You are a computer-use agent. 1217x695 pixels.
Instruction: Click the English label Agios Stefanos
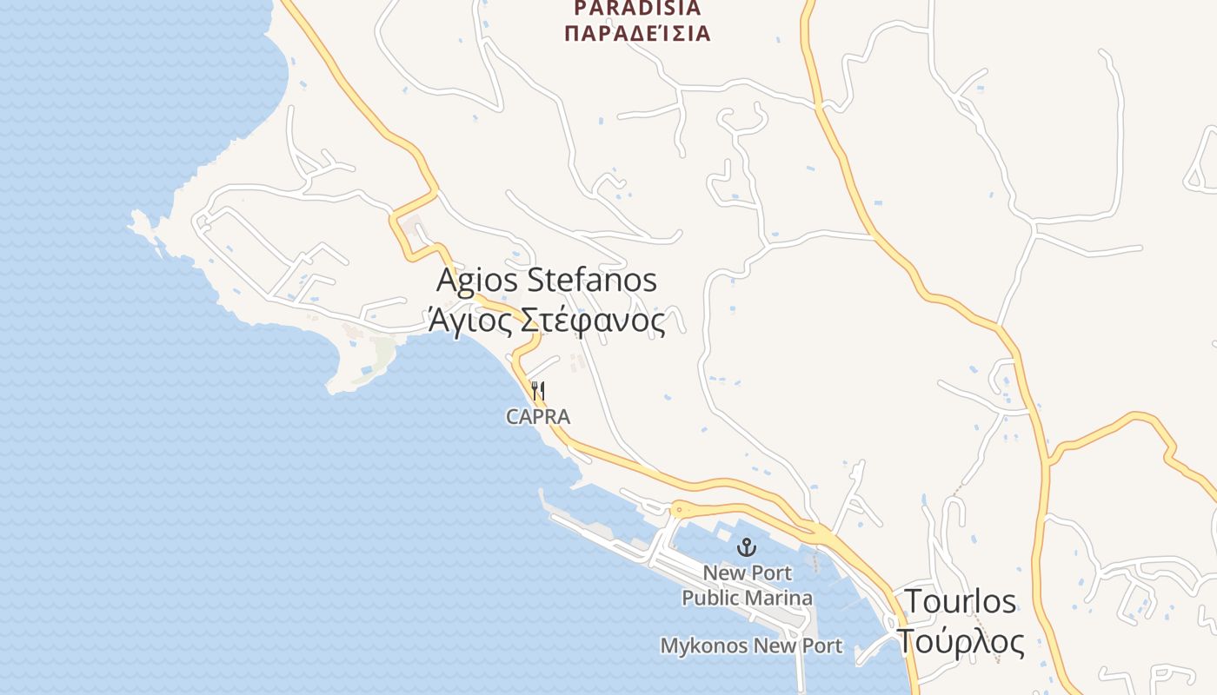(x=546, y=281)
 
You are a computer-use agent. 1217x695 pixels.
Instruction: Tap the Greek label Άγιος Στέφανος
(x=546, y=321)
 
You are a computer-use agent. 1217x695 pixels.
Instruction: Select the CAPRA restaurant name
(x=538, y=417)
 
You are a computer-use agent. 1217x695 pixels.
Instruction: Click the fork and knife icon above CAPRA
(x=537, y=391)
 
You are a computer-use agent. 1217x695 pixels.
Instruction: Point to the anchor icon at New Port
(x=746, y=547)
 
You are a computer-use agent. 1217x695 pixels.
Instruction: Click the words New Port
(x=748, y=573)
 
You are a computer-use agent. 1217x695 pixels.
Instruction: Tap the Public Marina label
(x=748, y=598)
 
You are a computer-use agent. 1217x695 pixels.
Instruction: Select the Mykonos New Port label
(x=751, y=645)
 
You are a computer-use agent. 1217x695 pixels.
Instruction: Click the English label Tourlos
(x=961, y=601)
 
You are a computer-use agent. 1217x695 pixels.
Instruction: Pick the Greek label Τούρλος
(x=961, y=642)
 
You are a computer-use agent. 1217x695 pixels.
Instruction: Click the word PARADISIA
(x=637, y=9)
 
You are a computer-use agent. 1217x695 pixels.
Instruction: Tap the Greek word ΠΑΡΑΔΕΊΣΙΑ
(x=637, y=34)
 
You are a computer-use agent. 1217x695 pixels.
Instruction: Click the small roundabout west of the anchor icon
(x=679, y=510)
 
